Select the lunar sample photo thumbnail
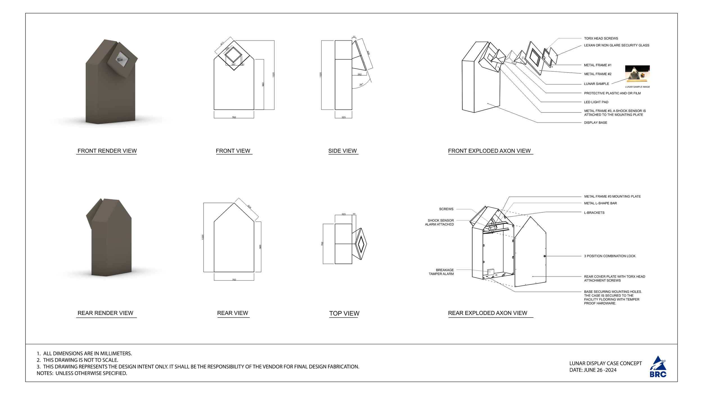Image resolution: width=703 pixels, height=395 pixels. coord(637,74)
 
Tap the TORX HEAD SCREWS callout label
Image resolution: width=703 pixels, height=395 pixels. coord(601,38)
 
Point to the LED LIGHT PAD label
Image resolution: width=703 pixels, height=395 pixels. coord(596,102)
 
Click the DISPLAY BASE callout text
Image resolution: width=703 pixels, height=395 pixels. coord(595,123)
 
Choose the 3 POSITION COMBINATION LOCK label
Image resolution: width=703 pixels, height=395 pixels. coord(609,256)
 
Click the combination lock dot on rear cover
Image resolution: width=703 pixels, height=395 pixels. coord(544,256)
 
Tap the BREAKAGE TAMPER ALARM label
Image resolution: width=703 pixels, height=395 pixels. coord(441,272)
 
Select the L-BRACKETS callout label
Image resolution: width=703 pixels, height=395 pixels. coord(594,213)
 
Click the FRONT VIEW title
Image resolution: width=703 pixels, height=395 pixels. coord(233,151)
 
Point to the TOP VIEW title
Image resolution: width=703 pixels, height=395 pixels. coord(344,314)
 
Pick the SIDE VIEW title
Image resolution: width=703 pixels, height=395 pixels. coord(342,151)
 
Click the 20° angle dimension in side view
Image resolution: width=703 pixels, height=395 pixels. coord(361,85)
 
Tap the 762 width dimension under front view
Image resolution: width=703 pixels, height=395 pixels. coord(234,117)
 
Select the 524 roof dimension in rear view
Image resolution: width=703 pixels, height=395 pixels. coord(249,207)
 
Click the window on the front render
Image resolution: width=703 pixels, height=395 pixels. coord(122,59)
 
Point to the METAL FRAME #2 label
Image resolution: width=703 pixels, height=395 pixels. coord(598,74)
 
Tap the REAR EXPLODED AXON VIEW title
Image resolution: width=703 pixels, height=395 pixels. coord(487,313)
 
